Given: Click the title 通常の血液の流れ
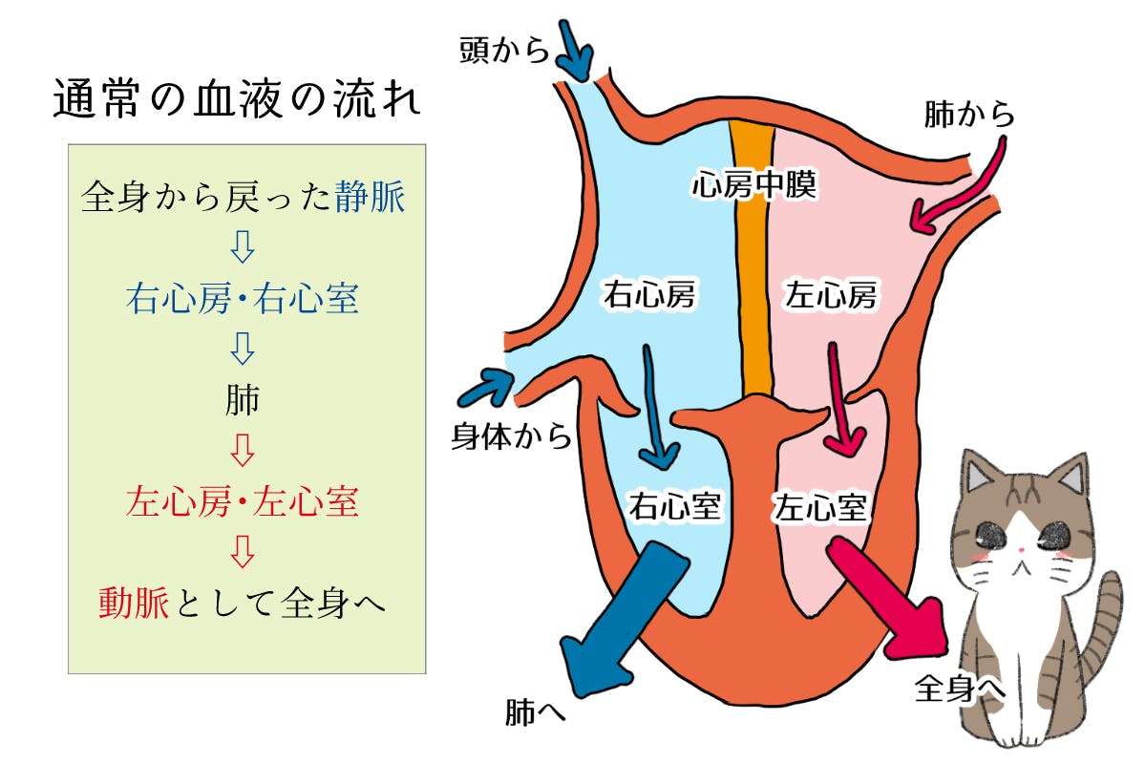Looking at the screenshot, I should tap(237, 99).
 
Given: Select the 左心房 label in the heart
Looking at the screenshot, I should tap(831, 295).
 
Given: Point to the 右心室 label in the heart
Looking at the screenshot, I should tap(674, 506).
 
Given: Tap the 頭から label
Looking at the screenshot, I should tap(504, 50).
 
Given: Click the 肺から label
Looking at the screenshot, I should tap(968, 115).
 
